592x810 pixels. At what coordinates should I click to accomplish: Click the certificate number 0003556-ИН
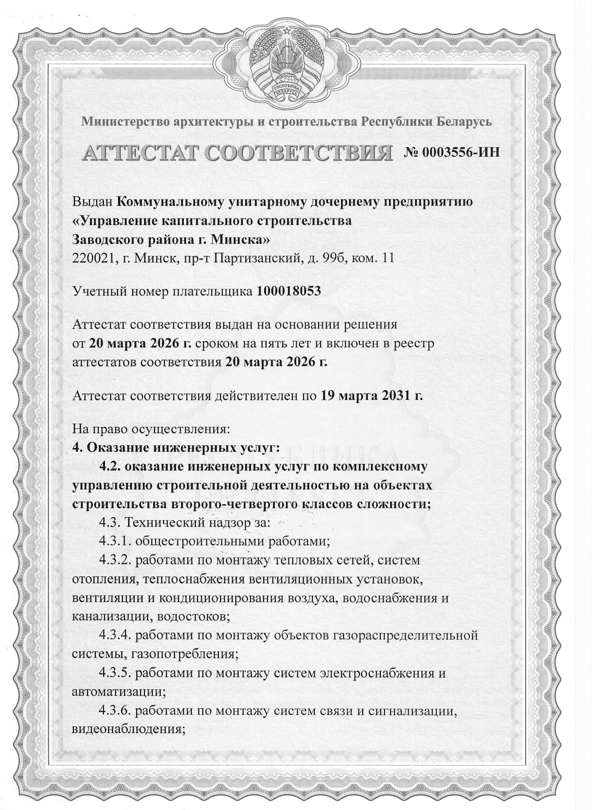pos(452,152)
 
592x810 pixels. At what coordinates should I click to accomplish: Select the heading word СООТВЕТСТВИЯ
pos(297,153)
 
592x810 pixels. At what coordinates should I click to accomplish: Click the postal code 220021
pos(93,258)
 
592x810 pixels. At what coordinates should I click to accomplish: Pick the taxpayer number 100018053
pos(288,291)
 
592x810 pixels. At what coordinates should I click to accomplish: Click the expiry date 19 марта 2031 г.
pos(372,395)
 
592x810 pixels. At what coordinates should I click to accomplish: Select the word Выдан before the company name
pos(92,202)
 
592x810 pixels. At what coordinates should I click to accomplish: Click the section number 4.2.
pos(110,466)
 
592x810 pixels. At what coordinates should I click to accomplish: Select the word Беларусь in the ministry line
pos(464,122)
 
